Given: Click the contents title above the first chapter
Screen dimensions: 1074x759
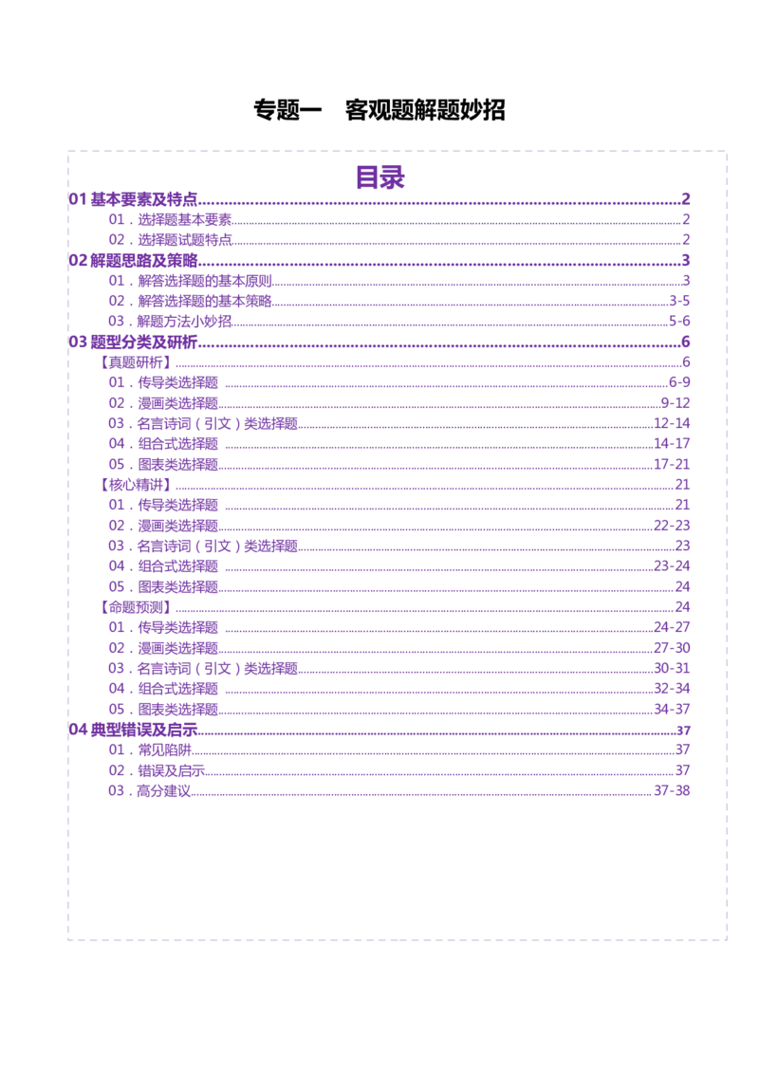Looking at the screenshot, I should (382, 176).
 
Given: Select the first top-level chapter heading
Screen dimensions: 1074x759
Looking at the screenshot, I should (133, 198).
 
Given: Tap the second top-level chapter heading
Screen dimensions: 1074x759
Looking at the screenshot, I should (133, 258).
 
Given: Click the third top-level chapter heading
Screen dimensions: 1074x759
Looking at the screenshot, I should (133, 340).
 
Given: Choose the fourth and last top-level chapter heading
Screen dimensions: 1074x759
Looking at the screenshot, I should (133, 729).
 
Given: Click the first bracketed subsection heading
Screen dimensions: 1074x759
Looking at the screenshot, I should (136, 362).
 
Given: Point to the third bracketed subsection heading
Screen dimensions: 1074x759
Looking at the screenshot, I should (136, 605).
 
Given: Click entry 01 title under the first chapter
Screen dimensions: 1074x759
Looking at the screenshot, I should (186, 219).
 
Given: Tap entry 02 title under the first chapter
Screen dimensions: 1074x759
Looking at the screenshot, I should (186, 239).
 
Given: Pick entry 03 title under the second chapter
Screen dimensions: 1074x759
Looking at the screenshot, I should (186, 321).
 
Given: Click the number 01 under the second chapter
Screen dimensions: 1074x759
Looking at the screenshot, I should (116, 280).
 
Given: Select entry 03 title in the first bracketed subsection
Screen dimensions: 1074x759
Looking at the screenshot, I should (219, 422).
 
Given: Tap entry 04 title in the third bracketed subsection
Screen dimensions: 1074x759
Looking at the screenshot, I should (178, 687).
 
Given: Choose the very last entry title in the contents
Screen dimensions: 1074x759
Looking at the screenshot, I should (166, 789).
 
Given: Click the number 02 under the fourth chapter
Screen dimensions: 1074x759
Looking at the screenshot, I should (116, 769).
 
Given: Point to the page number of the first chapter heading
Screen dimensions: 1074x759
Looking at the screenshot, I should (685, 198).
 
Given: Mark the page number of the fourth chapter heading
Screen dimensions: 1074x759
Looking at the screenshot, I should (682, 729).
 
